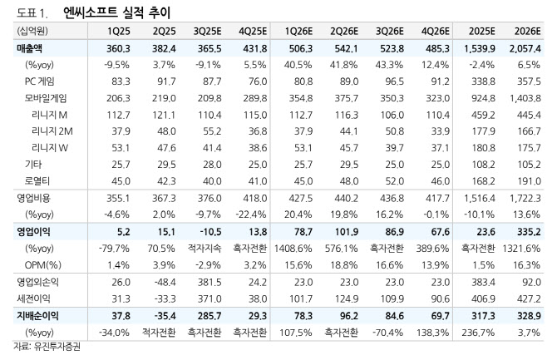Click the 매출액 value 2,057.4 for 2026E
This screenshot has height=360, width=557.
point(525,49)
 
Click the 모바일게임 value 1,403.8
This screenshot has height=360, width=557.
point(525,99)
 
